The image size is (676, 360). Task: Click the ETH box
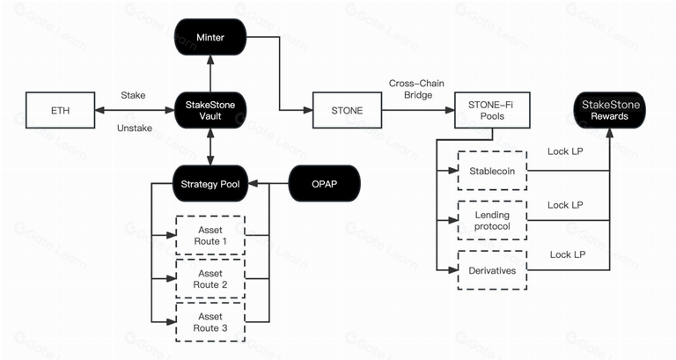click(61, 110)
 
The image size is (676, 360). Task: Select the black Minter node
click(210, 38)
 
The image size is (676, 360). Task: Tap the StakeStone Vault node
click(210, 110)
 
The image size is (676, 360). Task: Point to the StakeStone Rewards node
click(610, 110)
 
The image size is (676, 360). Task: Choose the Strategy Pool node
click(210, 184)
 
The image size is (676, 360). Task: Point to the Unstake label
click(134, 129)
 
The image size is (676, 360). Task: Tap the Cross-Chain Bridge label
click(412, 89)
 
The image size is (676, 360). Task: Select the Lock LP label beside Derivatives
click(568, 254)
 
